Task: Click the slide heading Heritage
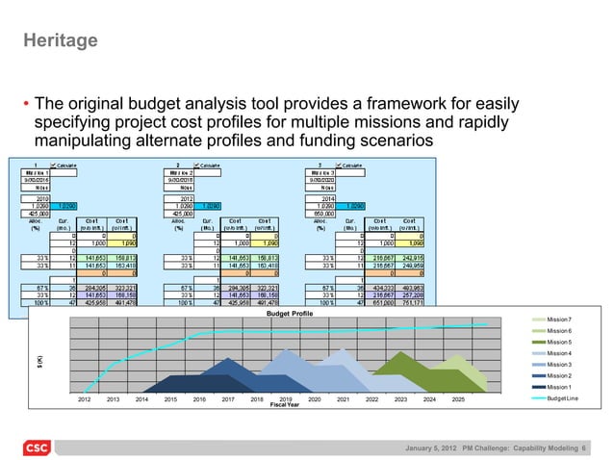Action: tap(61, 41)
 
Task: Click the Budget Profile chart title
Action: tap(291, 314)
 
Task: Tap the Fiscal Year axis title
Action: tap(285, 404)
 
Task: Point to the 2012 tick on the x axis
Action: tap(84, 397)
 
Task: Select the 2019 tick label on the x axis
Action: tap(285, 397)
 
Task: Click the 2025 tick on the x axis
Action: tap(458, 397)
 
